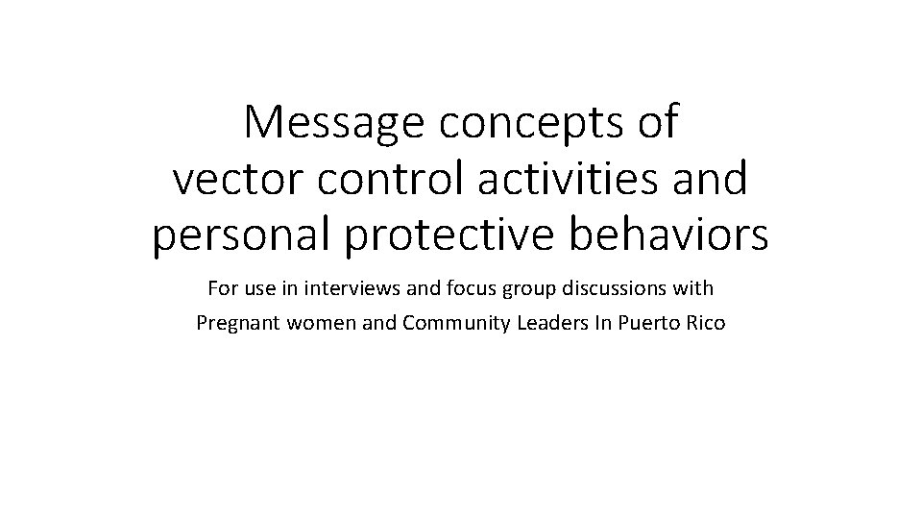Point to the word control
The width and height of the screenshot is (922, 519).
coord(373,179)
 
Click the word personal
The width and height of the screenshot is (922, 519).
coord(239,236)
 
